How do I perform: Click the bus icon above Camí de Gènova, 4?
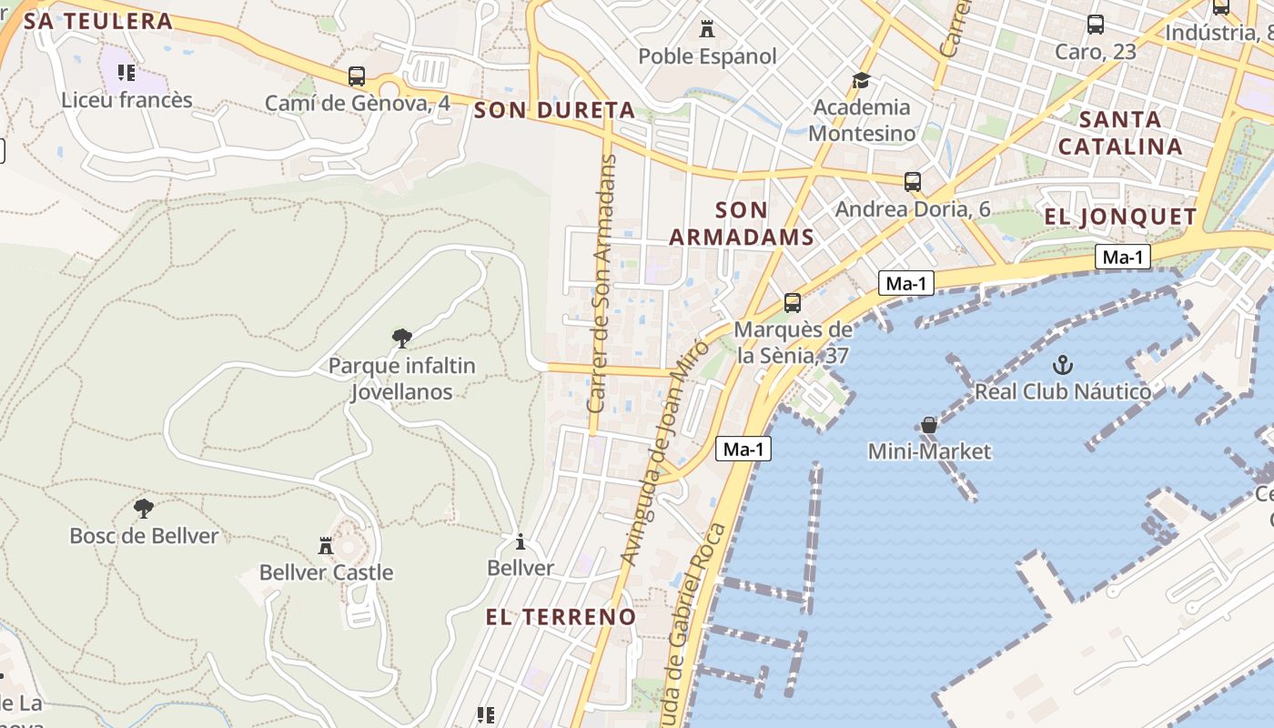[x=357, y=76]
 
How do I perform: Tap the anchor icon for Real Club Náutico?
[x=1062, y=365]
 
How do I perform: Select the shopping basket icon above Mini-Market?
[x=928, y=425]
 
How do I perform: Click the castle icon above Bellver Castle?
[x=326, y=546]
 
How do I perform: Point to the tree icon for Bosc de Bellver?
[x=143, y=509]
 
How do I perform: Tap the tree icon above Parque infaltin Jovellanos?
[x=401, y=339]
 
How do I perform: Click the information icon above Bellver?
[x=520, y=542]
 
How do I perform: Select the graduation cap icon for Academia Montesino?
[x=861, y=81]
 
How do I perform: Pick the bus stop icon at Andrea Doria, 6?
[x=913, y=182]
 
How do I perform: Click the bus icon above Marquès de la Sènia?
[x=793, y=303]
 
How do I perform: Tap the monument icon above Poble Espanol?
[x=707, y=29]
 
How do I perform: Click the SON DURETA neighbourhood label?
[x=554, y=111]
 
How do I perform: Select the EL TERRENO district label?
[x=561, y=617]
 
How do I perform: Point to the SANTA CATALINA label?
[x=1120, y=133]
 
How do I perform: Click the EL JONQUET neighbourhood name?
[x=1120, y=217]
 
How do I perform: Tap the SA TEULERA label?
[x=98, y=22]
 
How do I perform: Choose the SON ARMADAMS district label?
[x=741, y=224]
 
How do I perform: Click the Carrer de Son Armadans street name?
[x=602, y=284]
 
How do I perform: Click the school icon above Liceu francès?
[x=126, y=72]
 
